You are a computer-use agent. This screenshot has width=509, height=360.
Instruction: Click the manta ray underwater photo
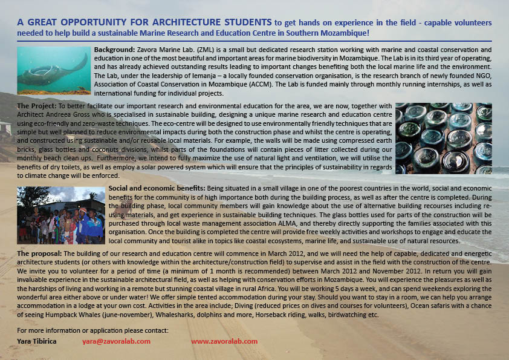tap(54, 70)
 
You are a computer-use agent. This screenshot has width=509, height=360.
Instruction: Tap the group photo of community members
tap(61, 215)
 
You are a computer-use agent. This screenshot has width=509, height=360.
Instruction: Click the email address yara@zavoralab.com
tap(116, 341)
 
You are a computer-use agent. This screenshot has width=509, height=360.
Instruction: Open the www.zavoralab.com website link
tap(224, 341)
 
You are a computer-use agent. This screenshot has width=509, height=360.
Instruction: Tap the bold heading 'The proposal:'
tap(39, 252)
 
